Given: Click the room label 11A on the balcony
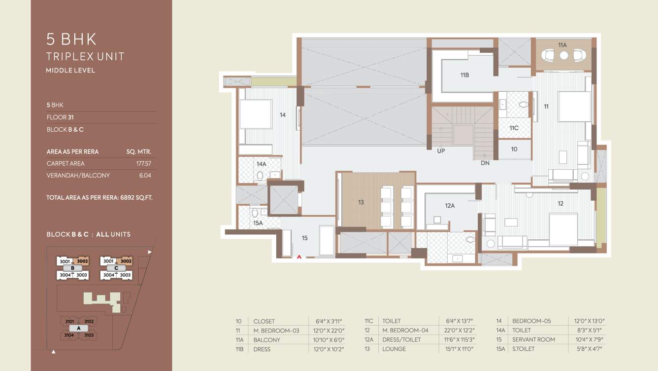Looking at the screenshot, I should coord(562,45).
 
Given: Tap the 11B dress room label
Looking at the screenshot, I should coord(464,75).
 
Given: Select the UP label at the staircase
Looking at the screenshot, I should coord(441,151).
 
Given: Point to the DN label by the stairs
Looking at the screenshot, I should coord(485,163).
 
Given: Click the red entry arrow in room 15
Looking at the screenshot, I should coord(298,256).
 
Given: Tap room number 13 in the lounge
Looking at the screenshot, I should coord(361,202).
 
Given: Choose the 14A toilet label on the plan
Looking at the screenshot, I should coord(261,164).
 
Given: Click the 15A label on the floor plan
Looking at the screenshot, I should coord(258,223).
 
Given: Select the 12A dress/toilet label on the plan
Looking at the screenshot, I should coord(450,206).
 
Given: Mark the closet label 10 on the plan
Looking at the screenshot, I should coord(514,149).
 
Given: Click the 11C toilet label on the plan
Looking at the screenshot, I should coord(514,128).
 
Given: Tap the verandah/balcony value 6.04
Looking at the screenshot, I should coord(145,176).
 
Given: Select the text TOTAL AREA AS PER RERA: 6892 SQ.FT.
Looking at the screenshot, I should coord(99,197).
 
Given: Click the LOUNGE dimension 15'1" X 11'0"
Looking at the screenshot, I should coord(456,349).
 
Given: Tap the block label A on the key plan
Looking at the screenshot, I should coord(78,328).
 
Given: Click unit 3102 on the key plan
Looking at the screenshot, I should coord(89,321).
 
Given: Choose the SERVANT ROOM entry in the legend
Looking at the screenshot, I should coord(533,339).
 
